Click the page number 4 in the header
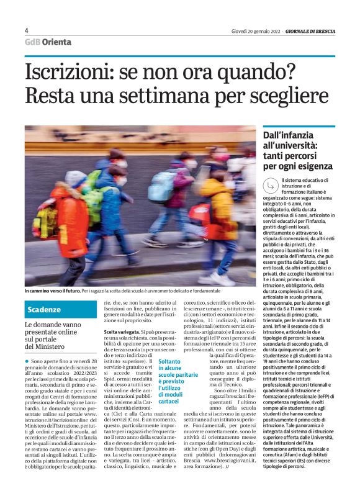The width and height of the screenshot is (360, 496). pyautogui.click(x=27, y=30)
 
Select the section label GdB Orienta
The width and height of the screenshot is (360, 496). pyautogui.click(x=48, y=42)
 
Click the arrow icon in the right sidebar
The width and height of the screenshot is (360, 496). pyautogui.click(x=271, y=184)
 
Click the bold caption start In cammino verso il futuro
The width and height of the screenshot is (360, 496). pyautogui.click(x=52, y=291)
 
